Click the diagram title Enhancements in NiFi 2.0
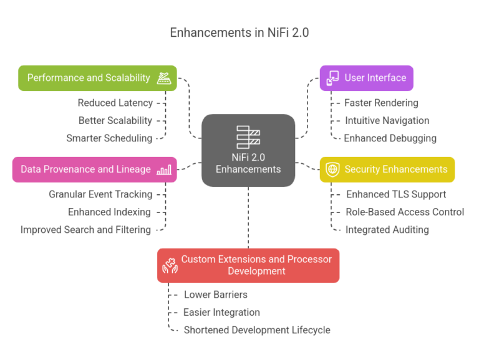click(239, 33)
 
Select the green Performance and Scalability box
click(97, 78)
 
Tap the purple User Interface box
click(367, 78)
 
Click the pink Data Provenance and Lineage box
click(94, 169)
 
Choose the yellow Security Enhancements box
click(387, 169)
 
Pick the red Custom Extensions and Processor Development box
click(248, 265)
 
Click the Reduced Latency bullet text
click(115, 103)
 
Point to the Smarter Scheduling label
click(109, 138)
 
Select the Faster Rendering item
click(382, 103)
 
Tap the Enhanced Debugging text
click(390, 138)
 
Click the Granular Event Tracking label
click(100, 194)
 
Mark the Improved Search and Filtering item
click(85, 230)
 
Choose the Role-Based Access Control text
click(405, 212)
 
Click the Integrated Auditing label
click(387, 230)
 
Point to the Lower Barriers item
click(216, 295)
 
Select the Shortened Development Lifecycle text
click(257, 330)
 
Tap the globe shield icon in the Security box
click(333, 169)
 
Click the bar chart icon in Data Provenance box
click(164, 169)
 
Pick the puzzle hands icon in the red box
click(170, 265)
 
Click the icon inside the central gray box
click(248, 138)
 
